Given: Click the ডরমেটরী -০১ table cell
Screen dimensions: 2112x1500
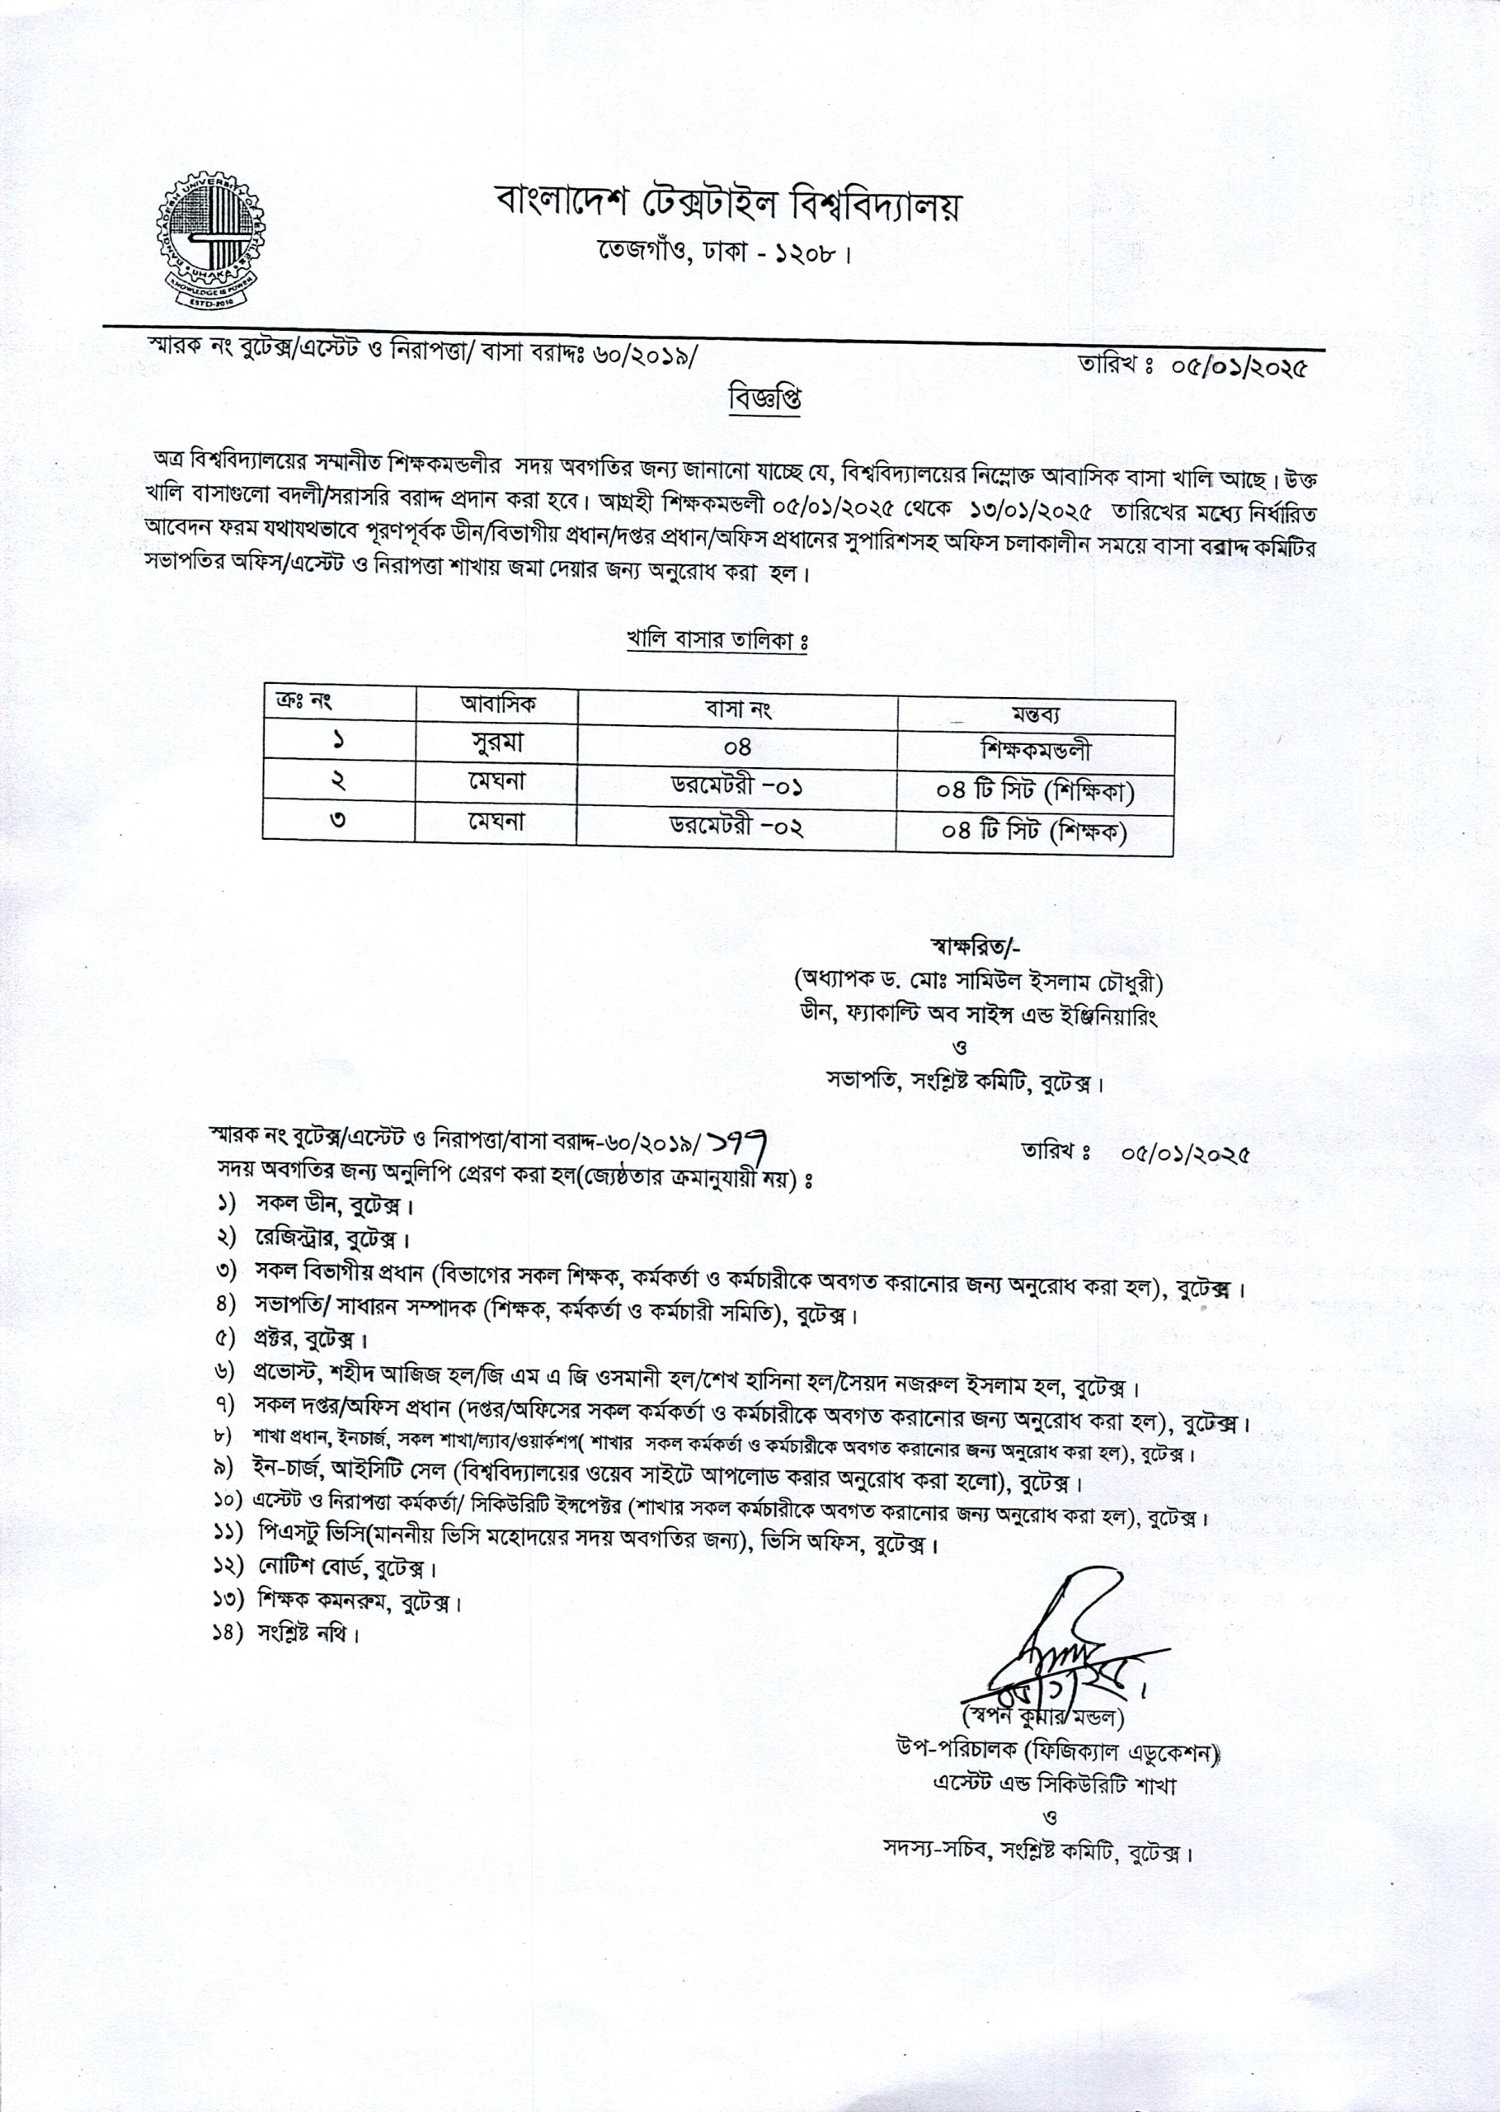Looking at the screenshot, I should point(736,788).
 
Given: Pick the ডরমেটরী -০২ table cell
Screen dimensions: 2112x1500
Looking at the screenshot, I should point(736,826).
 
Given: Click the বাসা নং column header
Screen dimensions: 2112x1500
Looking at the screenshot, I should point(737,709).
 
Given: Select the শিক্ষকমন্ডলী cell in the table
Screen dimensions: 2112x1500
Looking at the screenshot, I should point(1037,750).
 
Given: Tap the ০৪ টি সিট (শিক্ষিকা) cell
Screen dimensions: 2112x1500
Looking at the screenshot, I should point(1037,791).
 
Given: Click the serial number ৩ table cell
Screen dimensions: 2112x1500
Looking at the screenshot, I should point(338,820).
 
